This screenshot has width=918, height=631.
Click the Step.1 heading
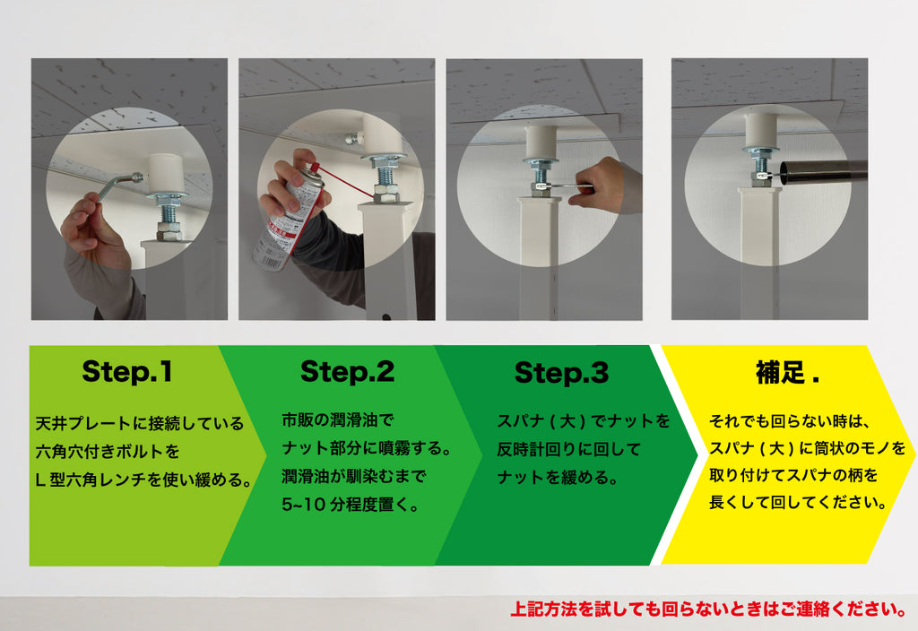click(127, 372)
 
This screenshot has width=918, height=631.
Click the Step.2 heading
click(347, 372)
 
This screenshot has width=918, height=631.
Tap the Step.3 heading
click(561, 373)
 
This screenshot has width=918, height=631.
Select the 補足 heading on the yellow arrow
click(787, 373)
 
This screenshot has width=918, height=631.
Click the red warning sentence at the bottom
click(709, 609)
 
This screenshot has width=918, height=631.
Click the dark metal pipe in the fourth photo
click(823, 171)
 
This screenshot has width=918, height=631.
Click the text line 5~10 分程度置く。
click(351, 505)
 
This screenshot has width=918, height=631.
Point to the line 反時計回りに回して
click(569, 450)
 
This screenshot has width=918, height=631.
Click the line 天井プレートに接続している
click(139, 423)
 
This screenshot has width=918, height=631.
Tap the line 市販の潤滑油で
click(338, 419)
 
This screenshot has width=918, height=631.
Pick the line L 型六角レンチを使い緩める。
click(144, 480)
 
